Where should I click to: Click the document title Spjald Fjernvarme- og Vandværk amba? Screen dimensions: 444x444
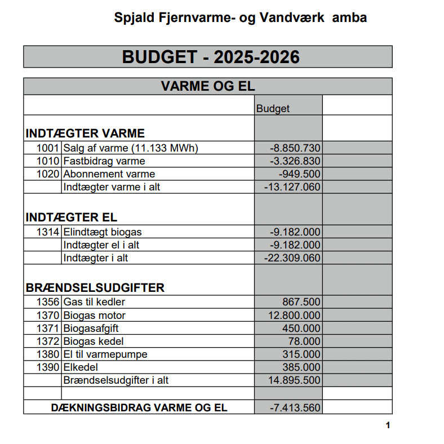tap(241, 17)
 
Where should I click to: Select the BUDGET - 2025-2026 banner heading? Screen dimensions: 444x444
tap(207, 57)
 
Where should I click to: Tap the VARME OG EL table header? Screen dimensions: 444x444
tap(207, 87)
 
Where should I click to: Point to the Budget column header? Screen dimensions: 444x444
tap(273, 108)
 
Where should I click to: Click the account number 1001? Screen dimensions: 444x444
tap(48, 148)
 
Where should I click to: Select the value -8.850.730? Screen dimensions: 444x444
tap(295, 148)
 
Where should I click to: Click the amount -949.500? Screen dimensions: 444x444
tap(300, 174)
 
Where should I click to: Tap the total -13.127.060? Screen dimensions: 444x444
tap(292, 187)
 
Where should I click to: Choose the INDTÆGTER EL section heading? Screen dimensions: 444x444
tap(72, 217)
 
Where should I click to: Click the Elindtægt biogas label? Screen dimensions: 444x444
tap(102, 232)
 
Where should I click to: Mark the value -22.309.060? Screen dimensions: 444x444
tap(292, 258)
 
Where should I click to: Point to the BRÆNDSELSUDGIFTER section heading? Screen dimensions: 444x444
tap(95, 288)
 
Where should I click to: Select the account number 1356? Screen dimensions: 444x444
tap(48, 302)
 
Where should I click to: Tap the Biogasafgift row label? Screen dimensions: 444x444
tap(91, 328)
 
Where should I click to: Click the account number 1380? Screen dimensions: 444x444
tap(48, 354)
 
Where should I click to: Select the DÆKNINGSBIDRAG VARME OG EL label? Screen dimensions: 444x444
tap(139, 407)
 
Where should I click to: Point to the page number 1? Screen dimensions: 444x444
tap(388, 425)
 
